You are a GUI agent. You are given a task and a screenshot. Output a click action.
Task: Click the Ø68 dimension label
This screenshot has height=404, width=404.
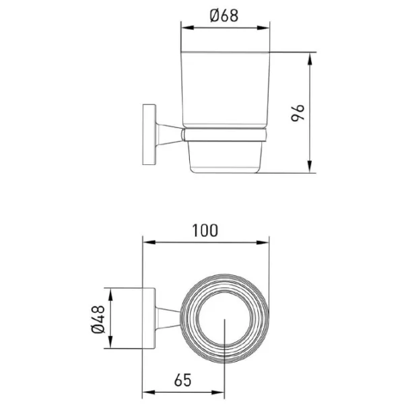pyautogui.click(x=224, y=15)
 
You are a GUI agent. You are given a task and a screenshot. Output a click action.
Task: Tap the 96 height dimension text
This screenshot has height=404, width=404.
pyautogui.click(x=298, y=113)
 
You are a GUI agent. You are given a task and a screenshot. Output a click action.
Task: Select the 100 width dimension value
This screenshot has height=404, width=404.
pyautogui.click(x=205, y=230)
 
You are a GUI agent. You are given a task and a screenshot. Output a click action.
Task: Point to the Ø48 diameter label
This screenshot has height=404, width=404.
pyautogui.click(x=98, y=319)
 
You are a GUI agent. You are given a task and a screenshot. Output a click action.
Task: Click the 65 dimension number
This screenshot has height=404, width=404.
pyautogui.click(x=182, y=380)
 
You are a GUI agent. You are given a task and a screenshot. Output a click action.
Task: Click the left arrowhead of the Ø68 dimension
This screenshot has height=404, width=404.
pyautogui.click(x=187, y=28)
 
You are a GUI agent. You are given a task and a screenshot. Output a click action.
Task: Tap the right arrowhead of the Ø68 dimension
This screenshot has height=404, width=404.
pyautogui.click(x=263, y=28)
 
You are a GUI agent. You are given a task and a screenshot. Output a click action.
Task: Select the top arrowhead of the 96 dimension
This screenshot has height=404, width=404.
pyautogui.click(x=310, y=59)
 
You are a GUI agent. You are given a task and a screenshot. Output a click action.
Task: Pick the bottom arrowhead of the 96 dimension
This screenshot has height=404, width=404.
pyautogui.click(x=310, y=167)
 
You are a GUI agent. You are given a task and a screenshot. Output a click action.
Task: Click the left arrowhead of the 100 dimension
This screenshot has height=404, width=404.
pyautogui.click(x=149, y=242)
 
